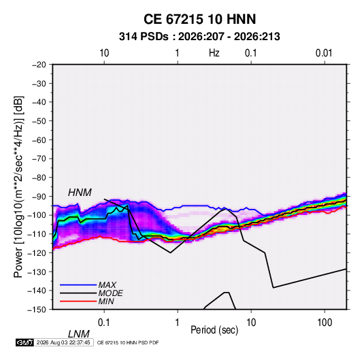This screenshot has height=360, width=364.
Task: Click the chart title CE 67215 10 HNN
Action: [199, 19]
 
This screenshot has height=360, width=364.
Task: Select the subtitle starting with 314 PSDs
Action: [199, 37]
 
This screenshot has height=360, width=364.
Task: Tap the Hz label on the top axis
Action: [214, 53]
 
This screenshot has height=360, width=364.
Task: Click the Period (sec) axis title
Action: [214, 330]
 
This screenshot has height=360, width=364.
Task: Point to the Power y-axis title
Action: [18, 186]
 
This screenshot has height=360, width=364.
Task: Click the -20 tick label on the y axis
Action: [39, 65]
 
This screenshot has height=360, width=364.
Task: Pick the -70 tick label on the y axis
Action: [39, 159]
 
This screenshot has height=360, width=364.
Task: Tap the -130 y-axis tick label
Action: [37, 272]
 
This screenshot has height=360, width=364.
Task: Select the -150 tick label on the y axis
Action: [37, 310]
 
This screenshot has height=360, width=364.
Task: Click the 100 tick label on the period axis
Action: [325, 323]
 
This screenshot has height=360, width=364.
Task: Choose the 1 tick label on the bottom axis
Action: [177, 323]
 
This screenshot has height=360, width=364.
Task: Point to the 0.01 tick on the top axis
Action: [324, 53]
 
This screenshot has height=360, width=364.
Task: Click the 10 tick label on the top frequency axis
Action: [104, 53]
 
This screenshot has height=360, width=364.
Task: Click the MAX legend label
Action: [107, 285]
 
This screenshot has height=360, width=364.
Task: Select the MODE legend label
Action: [110, 293]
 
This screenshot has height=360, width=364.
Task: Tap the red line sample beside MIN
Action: [78, 301]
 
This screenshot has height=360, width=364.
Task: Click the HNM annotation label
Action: [80, 193]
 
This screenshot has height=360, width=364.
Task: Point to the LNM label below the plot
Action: [79, 334]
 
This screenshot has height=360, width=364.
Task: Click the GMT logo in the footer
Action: [24, 342]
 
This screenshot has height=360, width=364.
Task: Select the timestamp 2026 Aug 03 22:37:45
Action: [63, 342]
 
